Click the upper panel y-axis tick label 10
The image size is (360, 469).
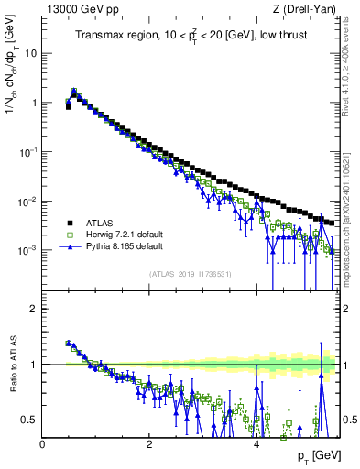(x=30, y=53)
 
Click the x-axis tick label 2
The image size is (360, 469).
(x=149, y=444)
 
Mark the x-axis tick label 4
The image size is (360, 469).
(x=256, y=444)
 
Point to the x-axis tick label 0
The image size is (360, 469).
(x=43, y=444)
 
